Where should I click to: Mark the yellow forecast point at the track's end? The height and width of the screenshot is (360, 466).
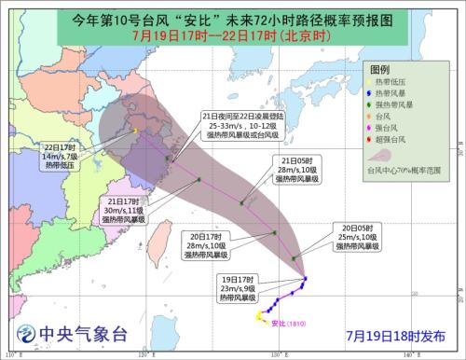point(133,131)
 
